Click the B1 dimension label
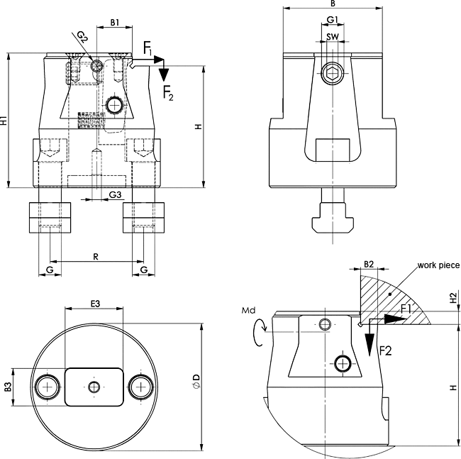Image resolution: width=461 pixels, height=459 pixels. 115,23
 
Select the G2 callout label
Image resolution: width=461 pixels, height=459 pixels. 82,37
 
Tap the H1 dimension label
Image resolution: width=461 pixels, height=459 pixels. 4,121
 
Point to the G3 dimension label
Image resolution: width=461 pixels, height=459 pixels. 115,194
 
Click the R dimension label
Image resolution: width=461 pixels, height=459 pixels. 96,257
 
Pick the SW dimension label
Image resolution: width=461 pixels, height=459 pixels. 333,37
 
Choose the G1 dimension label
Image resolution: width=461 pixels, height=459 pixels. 333,20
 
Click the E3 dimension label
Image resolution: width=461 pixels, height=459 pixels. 95,304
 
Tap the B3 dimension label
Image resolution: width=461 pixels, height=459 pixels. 8,387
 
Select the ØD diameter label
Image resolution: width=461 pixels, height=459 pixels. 196,381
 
